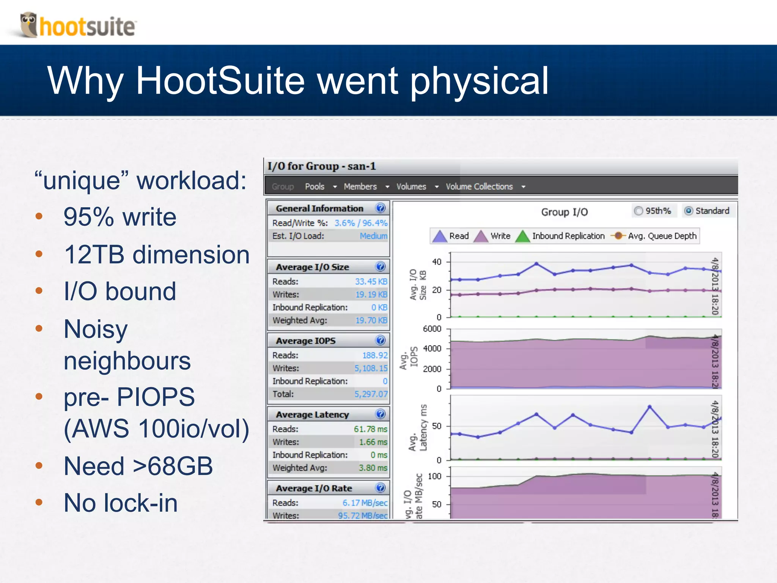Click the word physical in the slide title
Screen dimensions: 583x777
click(x=480, y=81)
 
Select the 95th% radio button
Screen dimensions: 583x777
click(x=639, y=211)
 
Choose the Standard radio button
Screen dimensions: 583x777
click(x=689, y=211)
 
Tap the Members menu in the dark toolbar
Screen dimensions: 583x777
click(x=360, y=186)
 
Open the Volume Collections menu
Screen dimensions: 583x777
click(x=479, y=186)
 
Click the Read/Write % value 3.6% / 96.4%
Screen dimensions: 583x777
click(x=360, y=223)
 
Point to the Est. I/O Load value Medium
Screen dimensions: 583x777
click(x=373, y=236)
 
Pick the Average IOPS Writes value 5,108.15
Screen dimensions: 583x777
click(x=371, y=368)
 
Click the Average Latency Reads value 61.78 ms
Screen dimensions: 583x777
click(x=370, y=429)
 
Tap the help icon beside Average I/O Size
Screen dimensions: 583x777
click(x=380, y=266)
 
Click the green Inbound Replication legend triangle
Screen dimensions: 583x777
click(x=523, y=236)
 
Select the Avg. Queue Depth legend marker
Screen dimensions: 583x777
click(x=618, y=236)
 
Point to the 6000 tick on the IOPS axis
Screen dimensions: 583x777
click(x=432, y=329)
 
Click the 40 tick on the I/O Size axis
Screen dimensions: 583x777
click(x=437, y=262)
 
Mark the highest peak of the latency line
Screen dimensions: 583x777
click(x=650, y=407)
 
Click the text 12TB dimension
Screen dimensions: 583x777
click(x=157, y=254)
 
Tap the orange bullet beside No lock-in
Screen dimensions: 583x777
click(x=39, y=503)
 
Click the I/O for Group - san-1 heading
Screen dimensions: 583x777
click(x=321, y=166)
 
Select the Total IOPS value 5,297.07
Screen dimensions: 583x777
click(x=371, y=394)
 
